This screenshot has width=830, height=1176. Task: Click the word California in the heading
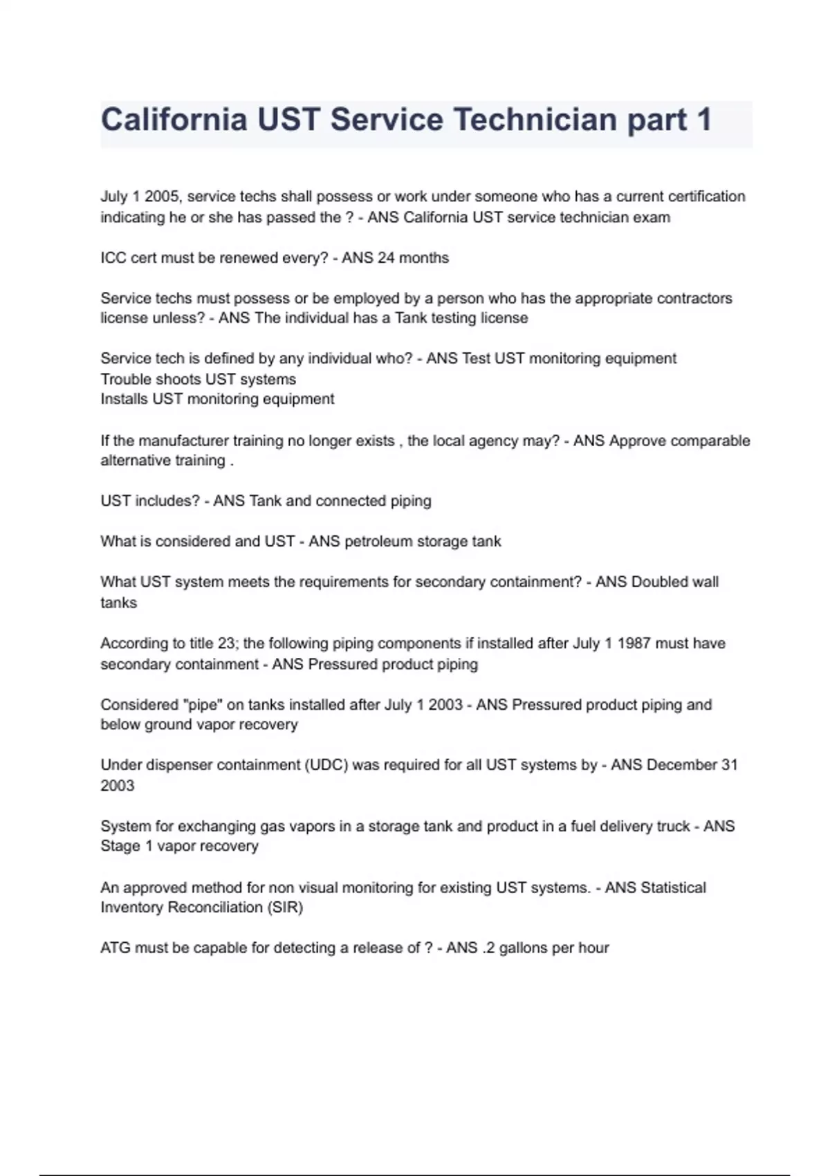point(174,120)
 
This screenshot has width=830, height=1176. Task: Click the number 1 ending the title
point(704,120)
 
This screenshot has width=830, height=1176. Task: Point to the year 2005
point(162,196)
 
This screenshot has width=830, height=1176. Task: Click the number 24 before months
point(385,258)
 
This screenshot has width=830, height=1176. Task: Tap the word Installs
point(124,399)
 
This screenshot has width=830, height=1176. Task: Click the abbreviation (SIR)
point(285,908)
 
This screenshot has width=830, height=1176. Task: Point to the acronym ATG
point(115,948)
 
